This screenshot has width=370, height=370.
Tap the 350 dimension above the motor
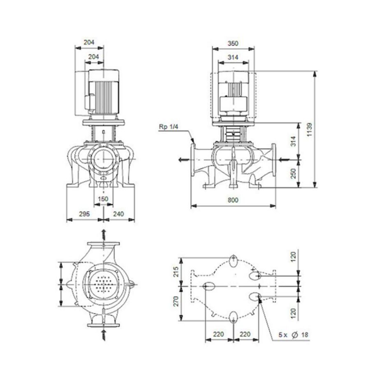[x=233, y=43]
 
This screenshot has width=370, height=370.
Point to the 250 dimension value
[x=293, y=173]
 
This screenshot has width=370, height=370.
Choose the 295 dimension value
[x=84, y=214]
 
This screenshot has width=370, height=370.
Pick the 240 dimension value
[x=119, y=214]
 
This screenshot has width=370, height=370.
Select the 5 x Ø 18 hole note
[x=293, y=335]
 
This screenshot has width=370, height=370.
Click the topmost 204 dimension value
[x=89, y=42]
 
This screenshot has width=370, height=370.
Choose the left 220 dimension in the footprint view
[x=219, y=335]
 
